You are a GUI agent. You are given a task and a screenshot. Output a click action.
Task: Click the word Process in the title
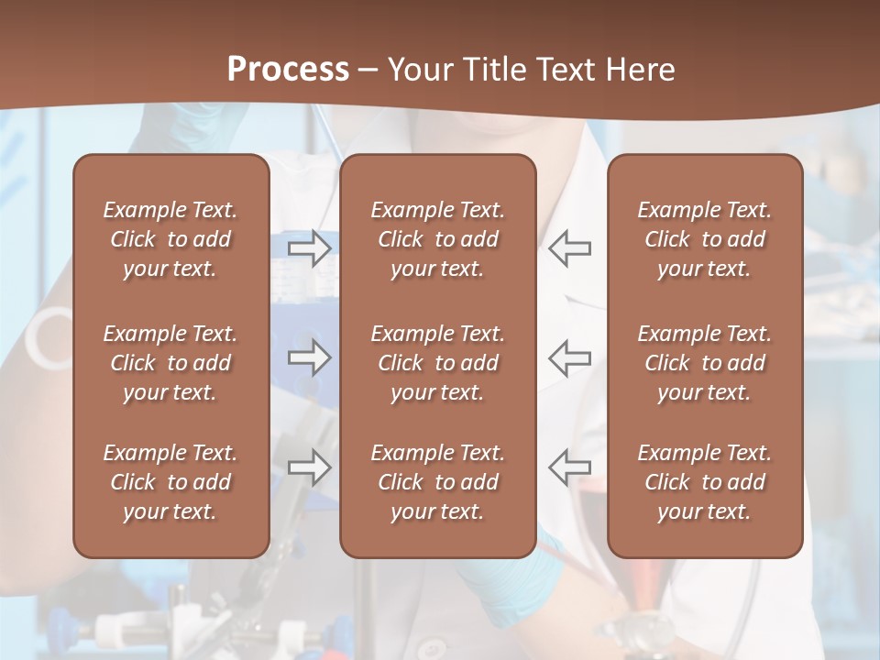(288, 70)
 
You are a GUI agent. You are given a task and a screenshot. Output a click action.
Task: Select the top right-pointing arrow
(310, 247)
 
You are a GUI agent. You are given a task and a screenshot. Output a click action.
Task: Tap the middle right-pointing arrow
(310, 357)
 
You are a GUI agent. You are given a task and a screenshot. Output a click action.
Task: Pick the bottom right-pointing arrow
(310, 467)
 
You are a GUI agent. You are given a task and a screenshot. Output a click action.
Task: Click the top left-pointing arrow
(569, 247)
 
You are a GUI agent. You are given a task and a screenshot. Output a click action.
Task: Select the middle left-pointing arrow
(569, 357)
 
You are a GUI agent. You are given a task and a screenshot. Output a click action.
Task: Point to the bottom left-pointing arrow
(569, 467)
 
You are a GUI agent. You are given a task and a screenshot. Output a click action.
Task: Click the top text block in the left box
(170, 239)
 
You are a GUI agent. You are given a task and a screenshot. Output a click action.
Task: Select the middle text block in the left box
(170, 363)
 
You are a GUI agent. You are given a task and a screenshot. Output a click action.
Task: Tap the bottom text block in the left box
(170, 482)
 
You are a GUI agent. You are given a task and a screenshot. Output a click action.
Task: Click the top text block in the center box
(437, 239)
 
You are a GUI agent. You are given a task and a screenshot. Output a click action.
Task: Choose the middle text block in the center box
(437, 363)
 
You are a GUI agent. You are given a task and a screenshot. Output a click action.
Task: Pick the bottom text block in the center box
(437, 482)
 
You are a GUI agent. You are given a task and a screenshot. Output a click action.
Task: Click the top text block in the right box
(704, 239)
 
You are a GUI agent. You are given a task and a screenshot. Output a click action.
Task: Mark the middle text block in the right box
(704, 363)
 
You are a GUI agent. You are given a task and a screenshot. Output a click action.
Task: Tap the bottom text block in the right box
(704, 482)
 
